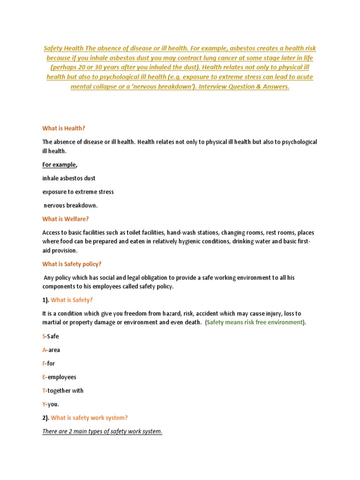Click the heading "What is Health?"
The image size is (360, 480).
[64, 128]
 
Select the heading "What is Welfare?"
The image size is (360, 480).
[65, 219]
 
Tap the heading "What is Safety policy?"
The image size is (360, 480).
[72, 264]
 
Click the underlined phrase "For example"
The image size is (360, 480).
[59, 165]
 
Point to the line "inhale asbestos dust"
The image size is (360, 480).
[69, 178]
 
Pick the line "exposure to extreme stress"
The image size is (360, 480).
[78, 192]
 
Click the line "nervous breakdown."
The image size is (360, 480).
[71, 205]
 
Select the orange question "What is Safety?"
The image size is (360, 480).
[75, 300]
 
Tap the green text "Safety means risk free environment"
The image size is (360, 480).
[255, 322]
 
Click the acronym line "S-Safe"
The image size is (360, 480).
[51, 336]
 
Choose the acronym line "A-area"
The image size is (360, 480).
[51, 350]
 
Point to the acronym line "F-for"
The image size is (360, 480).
[49, 363]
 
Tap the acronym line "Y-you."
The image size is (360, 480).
[51, 404]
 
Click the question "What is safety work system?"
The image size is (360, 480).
[89, 418]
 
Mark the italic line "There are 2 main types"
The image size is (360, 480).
[102, 431]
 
